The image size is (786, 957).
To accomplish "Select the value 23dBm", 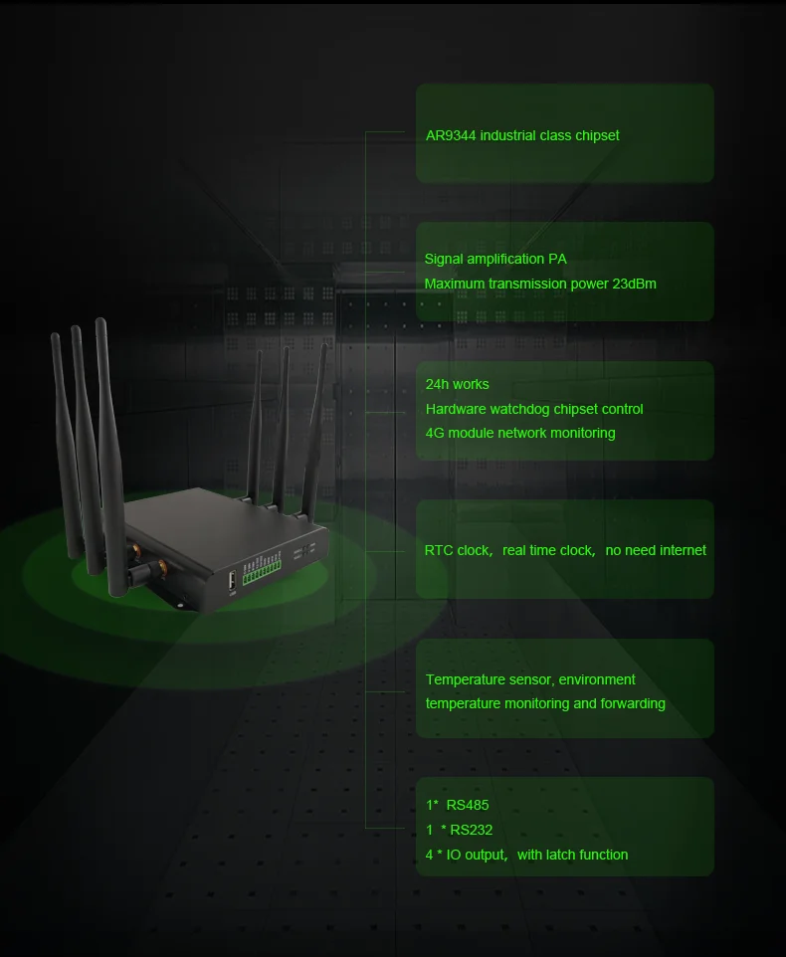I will [x=633, y=284].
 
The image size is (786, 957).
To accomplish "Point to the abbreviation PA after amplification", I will [x=557, y=259].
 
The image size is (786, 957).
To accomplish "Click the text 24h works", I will [x=457, y=384].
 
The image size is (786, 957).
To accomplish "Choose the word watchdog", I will [x=527, y=409].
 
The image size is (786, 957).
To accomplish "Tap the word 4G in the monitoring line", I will [x=435, y=433].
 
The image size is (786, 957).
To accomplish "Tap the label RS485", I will [x=468, y=805].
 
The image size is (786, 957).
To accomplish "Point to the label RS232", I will [x=472, y=830].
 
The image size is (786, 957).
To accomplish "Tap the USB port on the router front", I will [x=232, y=580].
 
